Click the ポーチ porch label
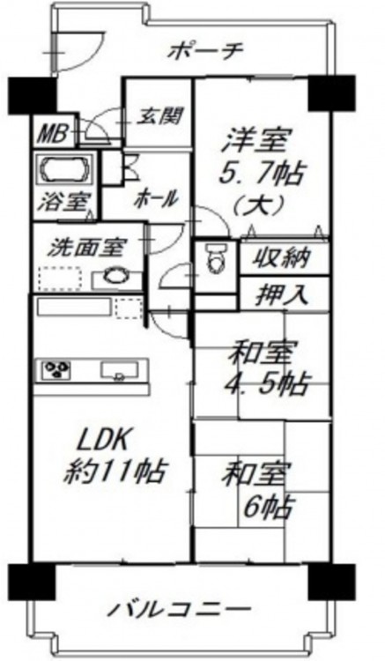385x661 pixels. (x=205, y=52)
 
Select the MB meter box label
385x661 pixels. (x=54, y=135)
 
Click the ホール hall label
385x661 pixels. (x=155, y=198)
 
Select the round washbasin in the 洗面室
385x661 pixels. (x=115, y=277)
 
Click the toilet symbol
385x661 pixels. (x=217, y=261)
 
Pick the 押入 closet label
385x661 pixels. (x=282, y=295)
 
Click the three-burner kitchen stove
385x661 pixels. (x=56, y=370)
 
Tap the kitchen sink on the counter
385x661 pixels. (x=120, y=369)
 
